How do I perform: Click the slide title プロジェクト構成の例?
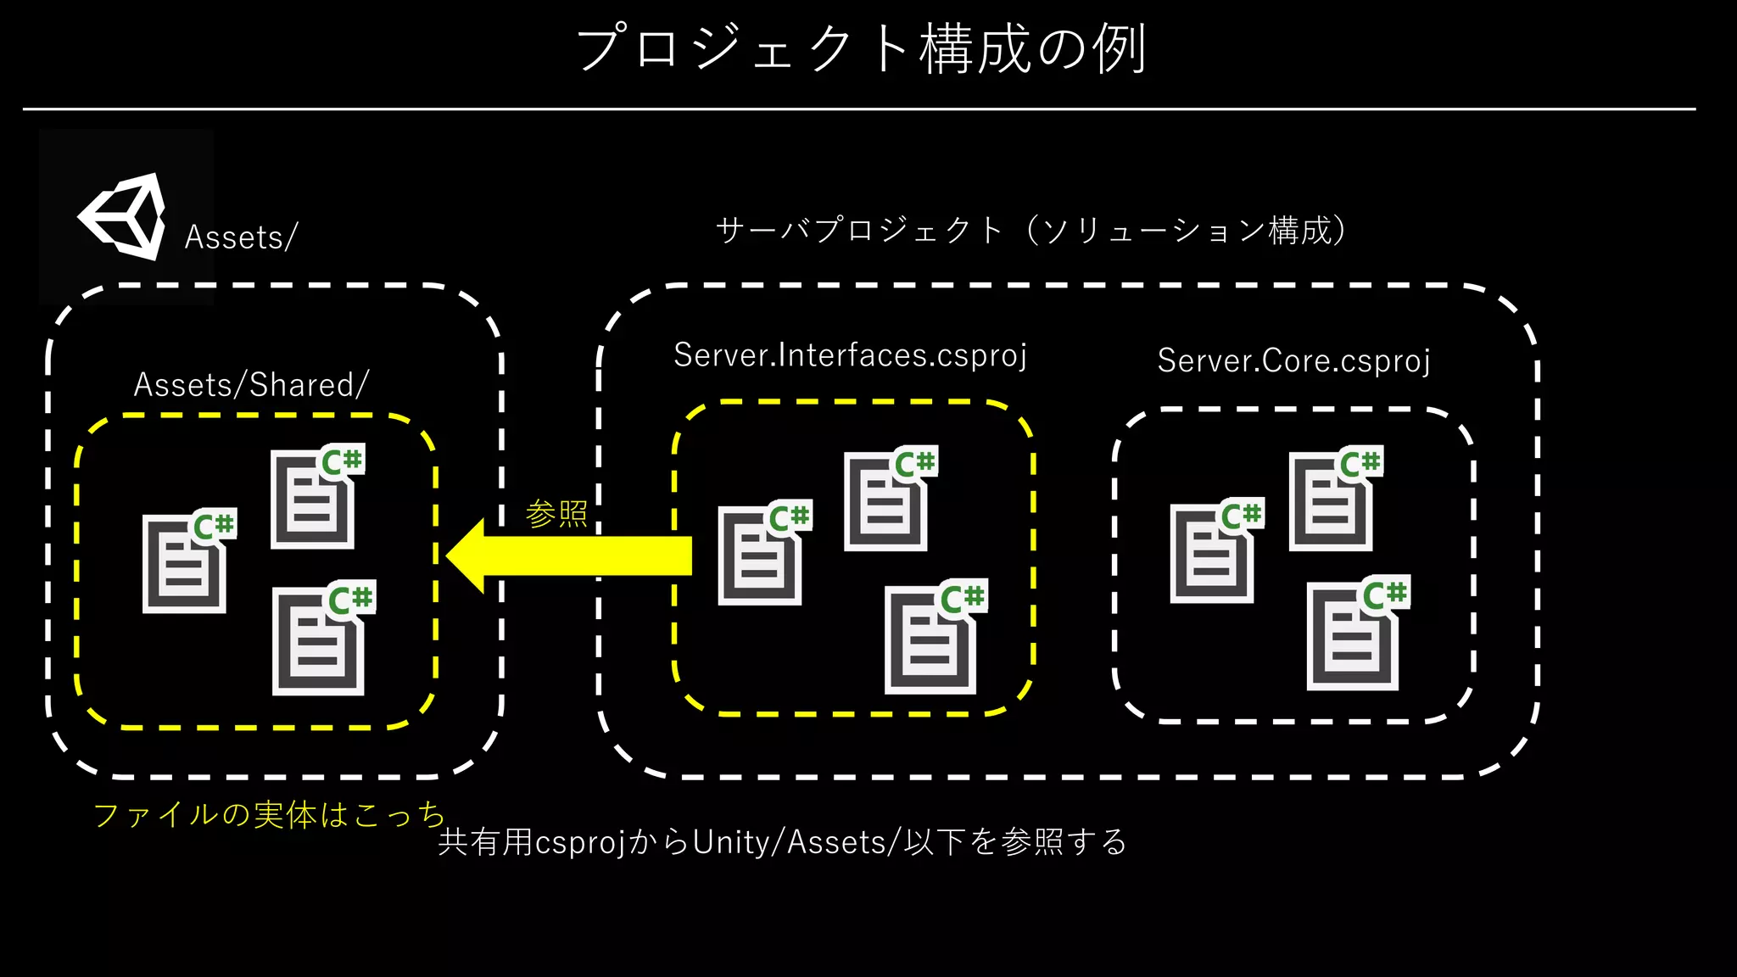(862, 48)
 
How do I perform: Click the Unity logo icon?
(123, 217)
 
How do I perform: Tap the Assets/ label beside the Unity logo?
(241, 237)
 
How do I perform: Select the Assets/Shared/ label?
(251, 385)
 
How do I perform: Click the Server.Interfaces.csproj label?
(850, 355)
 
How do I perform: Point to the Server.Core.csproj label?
(1293, 361)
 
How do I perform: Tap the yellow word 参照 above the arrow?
(556, 514)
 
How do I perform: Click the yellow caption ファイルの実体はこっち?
(269, 814)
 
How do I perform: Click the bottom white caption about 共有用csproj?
(782, 842)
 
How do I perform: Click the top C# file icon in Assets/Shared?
(315, 498)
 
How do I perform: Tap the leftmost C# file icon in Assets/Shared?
(187, 561)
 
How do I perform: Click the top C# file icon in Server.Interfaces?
(888, 500)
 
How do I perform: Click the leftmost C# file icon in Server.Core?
(1214, 552)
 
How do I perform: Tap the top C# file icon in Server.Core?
(1333, 500)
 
